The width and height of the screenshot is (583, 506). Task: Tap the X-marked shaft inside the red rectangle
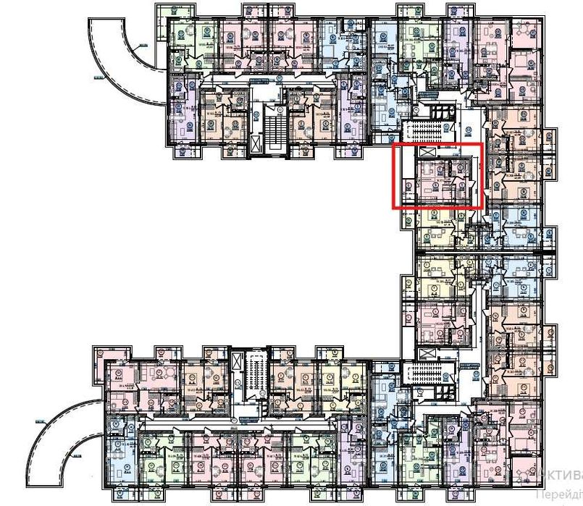point(426,153)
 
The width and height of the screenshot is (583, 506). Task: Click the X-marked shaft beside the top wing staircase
point(255,143)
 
